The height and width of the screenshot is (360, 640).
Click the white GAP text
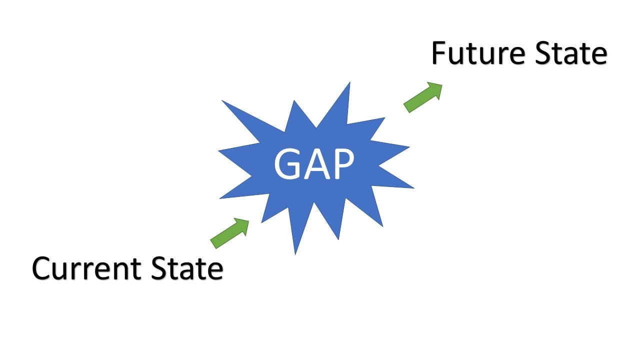point(314,164)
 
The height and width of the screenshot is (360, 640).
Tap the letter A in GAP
point(315,164)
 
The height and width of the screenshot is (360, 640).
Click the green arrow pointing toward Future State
point(423,97)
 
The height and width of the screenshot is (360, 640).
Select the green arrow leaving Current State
point(229,232)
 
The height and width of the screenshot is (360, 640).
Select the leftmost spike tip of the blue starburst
point(218,150)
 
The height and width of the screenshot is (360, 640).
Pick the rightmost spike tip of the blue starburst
point(414,188)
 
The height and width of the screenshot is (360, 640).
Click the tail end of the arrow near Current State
point(213,244)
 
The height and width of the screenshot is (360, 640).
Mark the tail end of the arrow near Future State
point(406,108)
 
